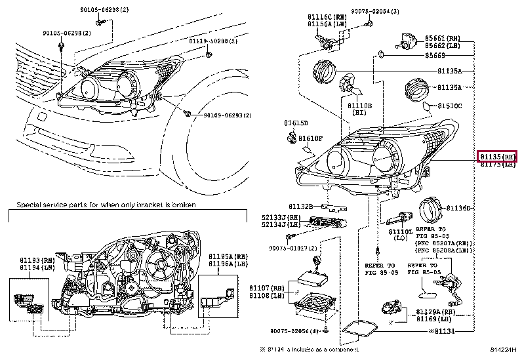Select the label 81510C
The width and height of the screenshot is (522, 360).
point(450,105)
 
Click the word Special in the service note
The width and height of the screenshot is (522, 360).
point(30,205)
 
